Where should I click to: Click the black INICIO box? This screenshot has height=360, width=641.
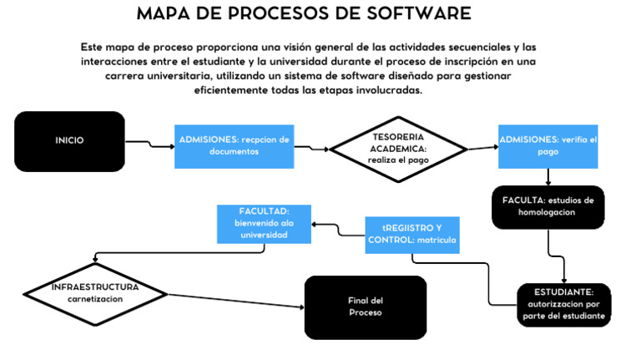tap(69, 141)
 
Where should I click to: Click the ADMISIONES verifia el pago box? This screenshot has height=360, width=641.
tap(548, 146)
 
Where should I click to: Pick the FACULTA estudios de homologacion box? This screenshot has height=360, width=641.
tap(548, 206)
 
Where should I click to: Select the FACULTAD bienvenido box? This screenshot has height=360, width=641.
tap(265, 223)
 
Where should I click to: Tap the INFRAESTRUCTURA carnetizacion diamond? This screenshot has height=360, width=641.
tap(95, 292)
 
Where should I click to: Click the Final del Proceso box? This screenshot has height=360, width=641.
tap(365, 307)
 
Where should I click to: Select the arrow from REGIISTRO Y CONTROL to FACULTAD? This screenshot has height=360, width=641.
tap(338, 228)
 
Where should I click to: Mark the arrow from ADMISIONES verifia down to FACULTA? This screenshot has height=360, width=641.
tap(548, 176)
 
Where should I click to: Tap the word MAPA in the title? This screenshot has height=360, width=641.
tap(165, 14)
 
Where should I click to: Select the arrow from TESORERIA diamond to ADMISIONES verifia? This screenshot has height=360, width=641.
tap(482, 149)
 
